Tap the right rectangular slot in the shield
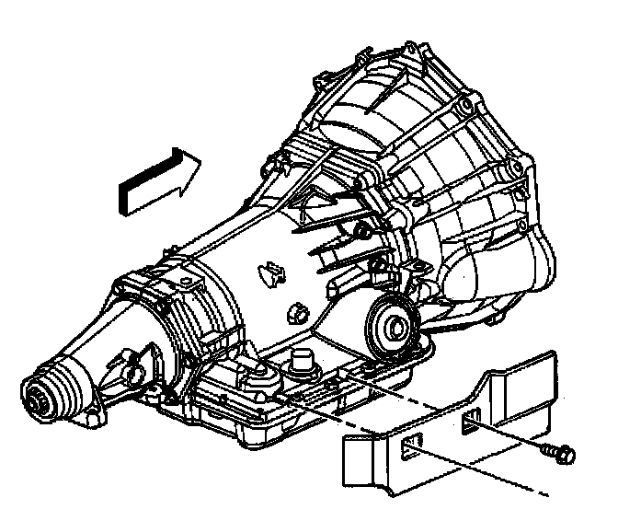pos(471,421)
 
